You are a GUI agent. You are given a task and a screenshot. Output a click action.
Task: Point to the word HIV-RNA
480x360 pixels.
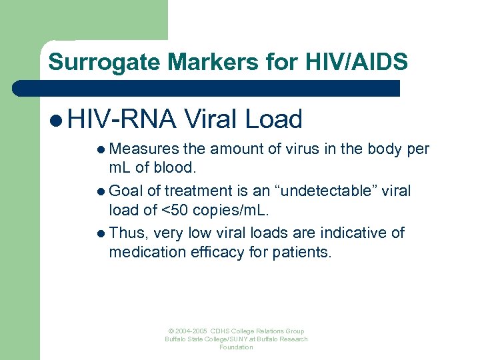(x=122, y=119)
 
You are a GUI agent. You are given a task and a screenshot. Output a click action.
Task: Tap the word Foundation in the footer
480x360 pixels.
(x=237, y=347)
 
